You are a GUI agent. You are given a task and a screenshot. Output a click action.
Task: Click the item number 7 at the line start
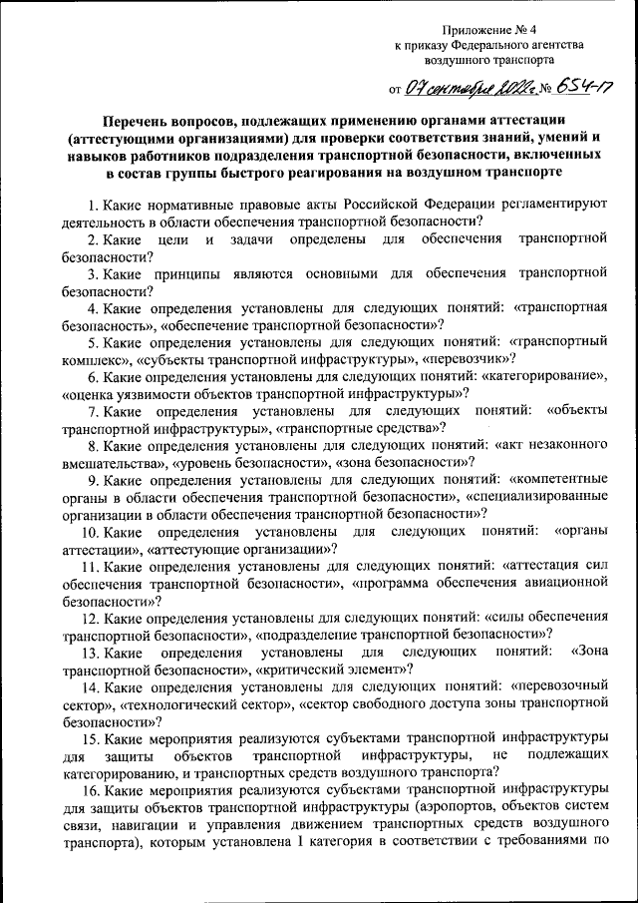tap(93, 412)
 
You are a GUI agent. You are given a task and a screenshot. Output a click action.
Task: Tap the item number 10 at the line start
tap(91, 532)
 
